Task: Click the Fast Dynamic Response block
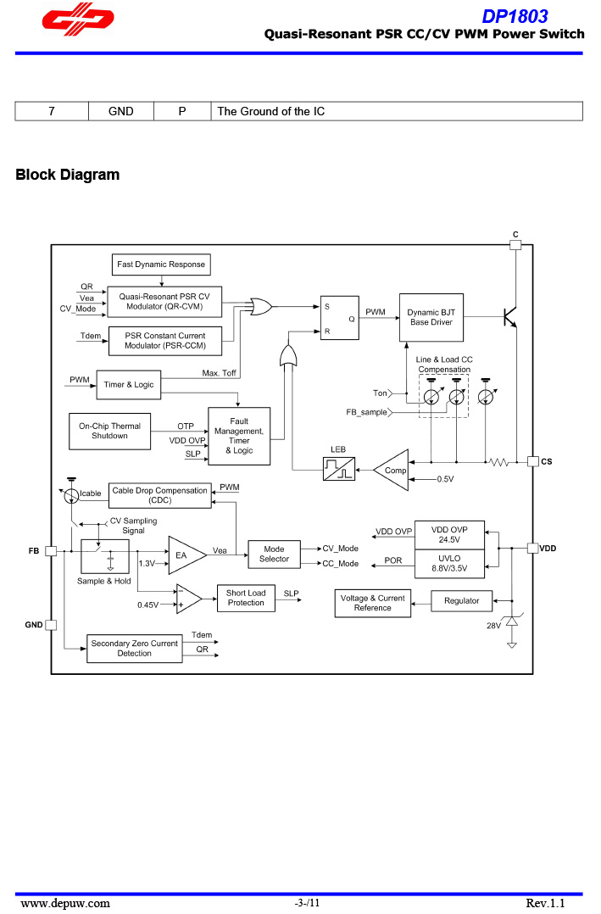[161, 265]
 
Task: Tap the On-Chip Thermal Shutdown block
[109, 431]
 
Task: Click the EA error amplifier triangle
[186, 555]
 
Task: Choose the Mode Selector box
[274, 555]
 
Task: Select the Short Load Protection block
[246, 598]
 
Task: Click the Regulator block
[461, 601]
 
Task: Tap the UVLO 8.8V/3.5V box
[449, 562]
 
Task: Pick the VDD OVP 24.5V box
[449, 534]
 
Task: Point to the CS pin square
[532, 461]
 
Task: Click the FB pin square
[51, 551]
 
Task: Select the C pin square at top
[515, 245]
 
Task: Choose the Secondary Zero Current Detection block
[134, 649]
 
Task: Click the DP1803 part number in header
[515, 16]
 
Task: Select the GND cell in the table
[121, 111]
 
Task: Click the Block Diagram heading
[68, 176]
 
